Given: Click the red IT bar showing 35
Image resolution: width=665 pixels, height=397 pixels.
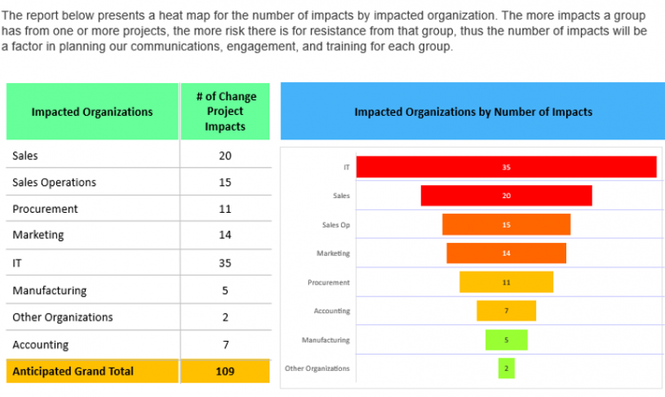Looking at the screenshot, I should tap(506, 167).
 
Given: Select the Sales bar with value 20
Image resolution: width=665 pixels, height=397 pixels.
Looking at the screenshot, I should tap(506, 195).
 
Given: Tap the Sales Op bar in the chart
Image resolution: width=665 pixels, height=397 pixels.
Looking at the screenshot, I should tap(506, 225).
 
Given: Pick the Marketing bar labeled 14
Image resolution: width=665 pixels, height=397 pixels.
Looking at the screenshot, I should tap(506, 253).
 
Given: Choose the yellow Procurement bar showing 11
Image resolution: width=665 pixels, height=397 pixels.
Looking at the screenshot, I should tap(506, 282).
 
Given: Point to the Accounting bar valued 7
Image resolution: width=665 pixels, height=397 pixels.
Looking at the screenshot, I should tap(506, 311).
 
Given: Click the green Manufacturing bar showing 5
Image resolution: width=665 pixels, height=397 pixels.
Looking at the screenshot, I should tap(506, 340).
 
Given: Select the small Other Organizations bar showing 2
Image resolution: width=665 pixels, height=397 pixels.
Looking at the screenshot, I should tap(506, 368).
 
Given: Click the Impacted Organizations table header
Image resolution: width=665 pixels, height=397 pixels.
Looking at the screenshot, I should tap(92, 112).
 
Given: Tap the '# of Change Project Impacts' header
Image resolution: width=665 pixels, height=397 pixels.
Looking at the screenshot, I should tap(225, 112).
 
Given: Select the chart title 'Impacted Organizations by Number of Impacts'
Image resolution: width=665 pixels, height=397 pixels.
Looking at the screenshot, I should tap(473, 112).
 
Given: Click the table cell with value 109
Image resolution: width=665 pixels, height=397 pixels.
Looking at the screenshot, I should tap(225, 371).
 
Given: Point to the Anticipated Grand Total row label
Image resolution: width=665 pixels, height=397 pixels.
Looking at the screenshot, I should tap(73, 371).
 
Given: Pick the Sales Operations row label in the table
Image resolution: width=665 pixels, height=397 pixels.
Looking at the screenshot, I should tap(54, 182).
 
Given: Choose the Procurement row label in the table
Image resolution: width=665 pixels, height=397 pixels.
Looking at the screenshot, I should tap(45, 209).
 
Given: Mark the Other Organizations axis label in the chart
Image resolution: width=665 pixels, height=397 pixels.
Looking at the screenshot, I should tap(317, 368).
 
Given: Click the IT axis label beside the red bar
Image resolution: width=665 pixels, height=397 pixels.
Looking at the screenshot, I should tap(346, 167).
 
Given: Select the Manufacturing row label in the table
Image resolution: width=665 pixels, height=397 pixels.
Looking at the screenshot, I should tap(49, 291).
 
